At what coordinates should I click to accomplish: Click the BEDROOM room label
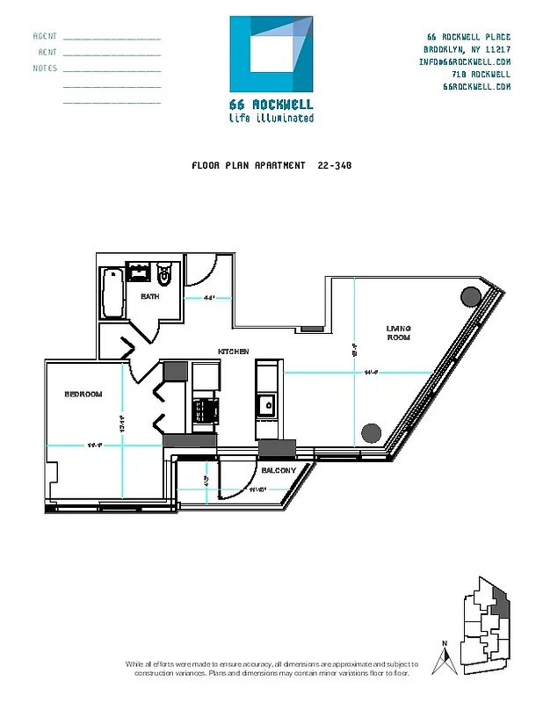83,394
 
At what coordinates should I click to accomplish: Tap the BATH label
150,296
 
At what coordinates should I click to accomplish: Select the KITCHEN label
234,351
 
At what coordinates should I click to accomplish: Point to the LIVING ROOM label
399,333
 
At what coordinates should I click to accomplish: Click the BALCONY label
278,470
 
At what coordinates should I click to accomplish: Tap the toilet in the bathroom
164,274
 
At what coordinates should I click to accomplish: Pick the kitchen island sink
264,405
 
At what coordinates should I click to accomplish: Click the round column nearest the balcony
372,432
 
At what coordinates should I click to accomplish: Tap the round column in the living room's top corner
471,296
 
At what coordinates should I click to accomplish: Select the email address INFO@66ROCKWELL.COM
465,62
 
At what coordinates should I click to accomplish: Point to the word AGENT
45,37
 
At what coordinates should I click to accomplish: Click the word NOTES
45,69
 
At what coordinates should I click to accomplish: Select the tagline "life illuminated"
271,118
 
